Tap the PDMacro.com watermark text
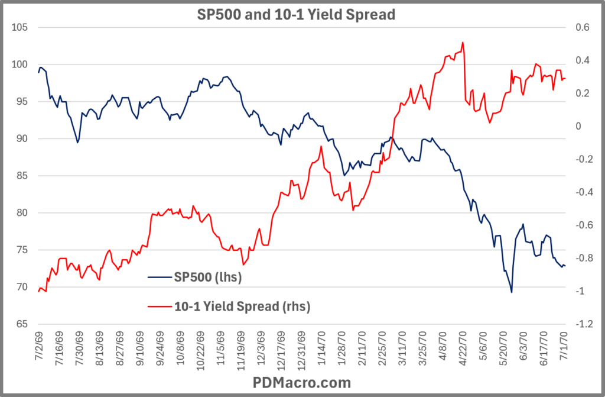302,382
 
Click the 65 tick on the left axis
21,324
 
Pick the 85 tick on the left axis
21,176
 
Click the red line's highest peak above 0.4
463,42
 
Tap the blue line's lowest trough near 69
511,292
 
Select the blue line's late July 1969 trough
77,143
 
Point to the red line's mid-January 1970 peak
321,146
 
